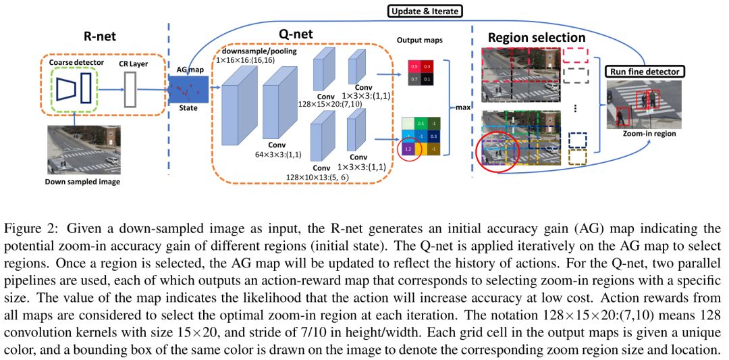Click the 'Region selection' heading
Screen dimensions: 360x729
537,38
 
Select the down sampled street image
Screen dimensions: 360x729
84,150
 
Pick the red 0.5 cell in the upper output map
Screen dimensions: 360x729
414,67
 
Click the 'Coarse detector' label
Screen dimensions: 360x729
77,63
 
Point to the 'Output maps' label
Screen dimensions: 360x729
419,39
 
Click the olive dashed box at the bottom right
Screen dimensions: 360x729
578,157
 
